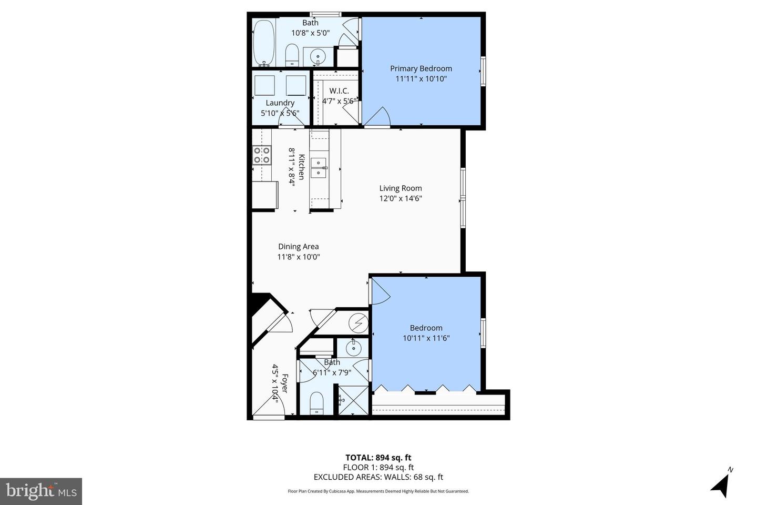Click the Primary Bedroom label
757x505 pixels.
tap(421, 68)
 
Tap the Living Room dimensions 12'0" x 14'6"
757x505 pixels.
tap(401, 198)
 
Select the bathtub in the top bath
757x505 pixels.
tap(263, 43)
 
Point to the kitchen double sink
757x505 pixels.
tap(319, 167)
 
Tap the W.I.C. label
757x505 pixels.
tap(339, 91)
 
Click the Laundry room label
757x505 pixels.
tap(280, 103)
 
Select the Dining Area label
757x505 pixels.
tap(298, 246)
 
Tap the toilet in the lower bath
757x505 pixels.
tap(316, 403)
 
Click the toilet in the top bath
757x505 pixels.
tap(292, 55)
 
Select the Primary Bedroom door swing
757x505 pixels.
tap(377, 117)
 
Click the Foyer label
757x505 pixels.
tap(284, 383)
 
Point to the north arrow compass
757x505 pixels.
tap(721, 483)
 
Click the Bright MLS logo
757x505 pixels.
tap(40, 491)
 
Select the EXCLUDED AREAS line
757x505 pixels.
tap(378, 477)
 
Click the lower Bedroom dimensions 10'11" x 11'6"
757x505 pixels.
tap(426, 338)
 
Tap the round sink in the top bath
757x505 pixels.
tap(318, 55)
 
